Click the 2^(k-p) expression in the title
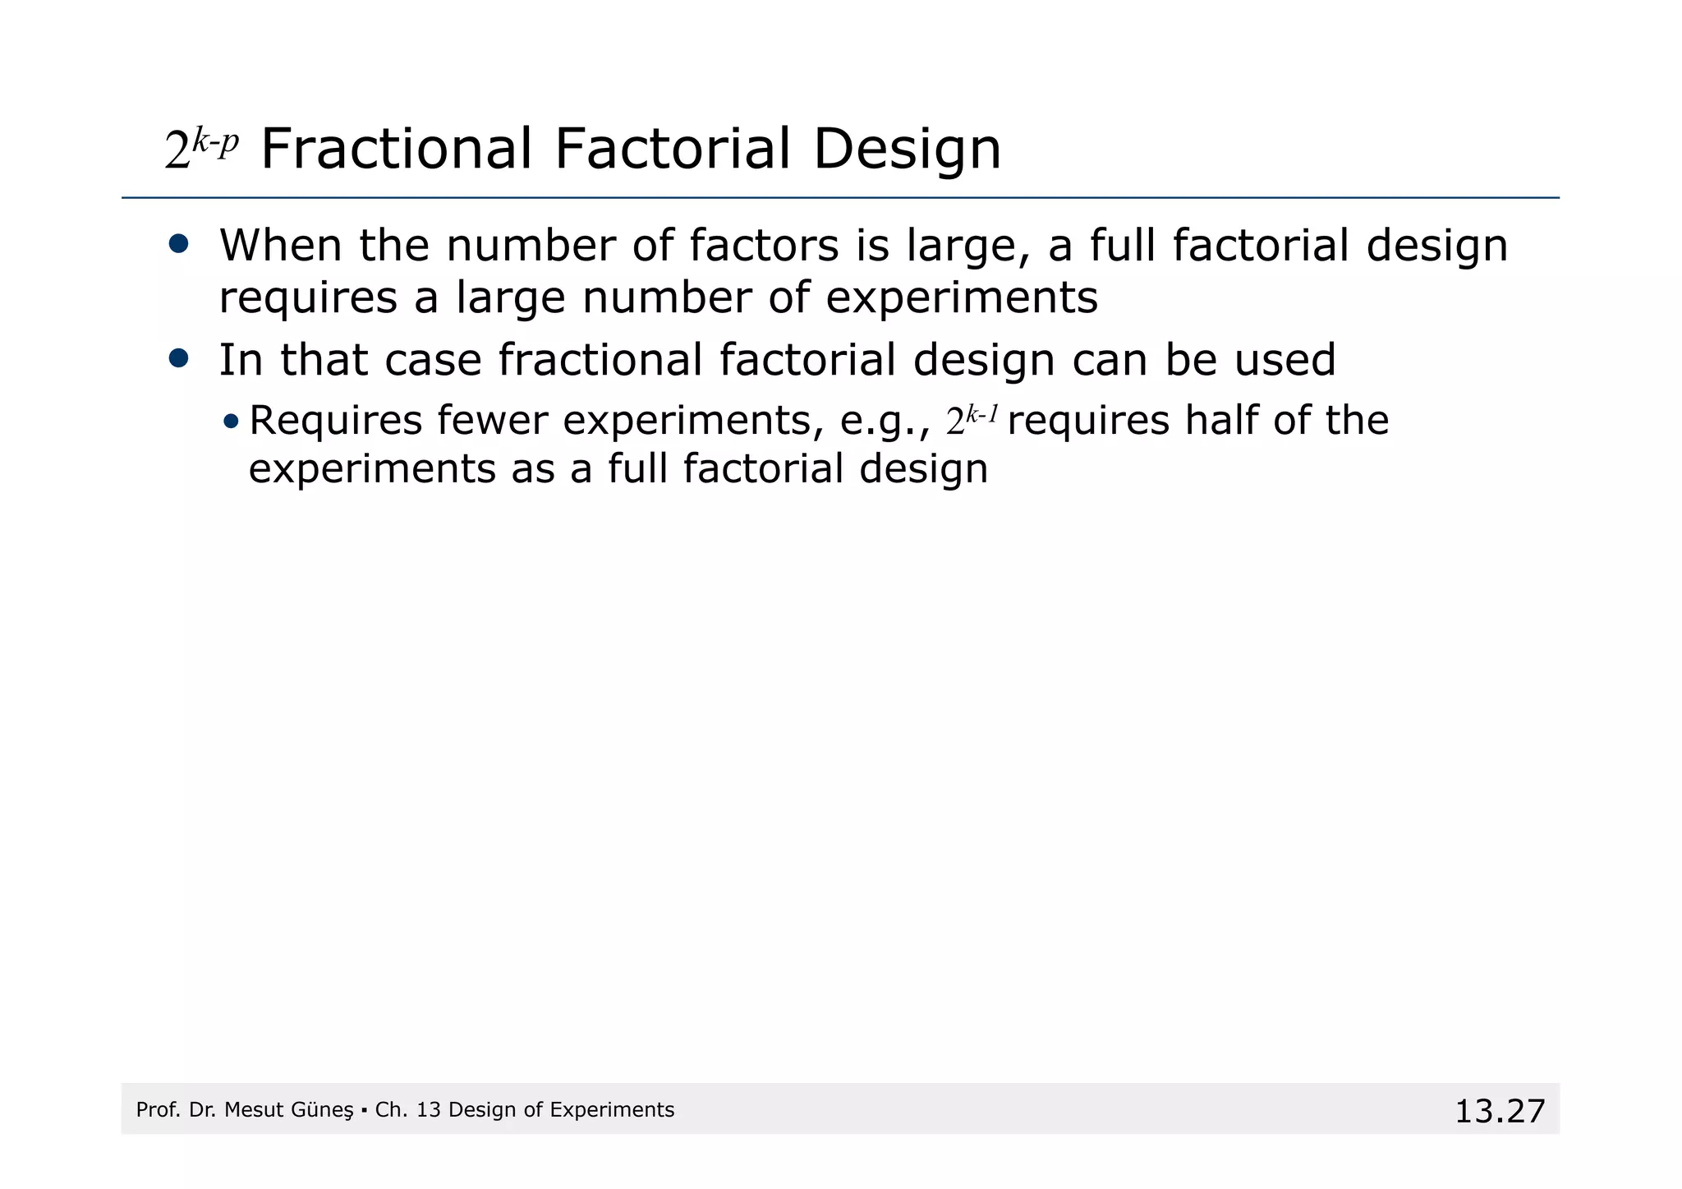201,150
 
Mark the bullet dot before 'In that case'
178,358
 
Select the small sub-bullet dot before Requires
231,422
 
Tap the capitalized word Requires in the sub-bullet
335,421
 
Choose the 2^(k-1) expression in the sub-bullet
972,419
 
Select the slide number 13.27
1500,1112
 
